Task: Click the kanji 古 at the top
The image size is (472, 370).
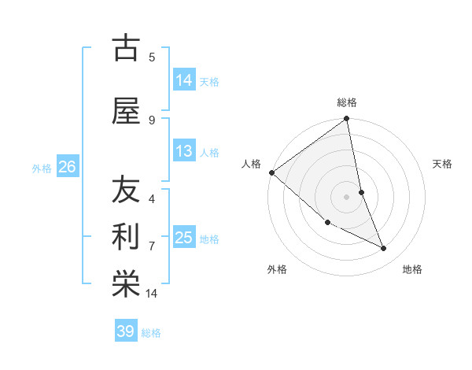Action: pyautogui.click(x=126, y=48)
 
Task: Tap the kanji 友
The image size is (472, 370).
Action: pyautogui.click(x=126, y=191)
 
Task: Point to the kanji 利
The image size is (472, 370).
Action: pyautogui.click(x=126, y=237)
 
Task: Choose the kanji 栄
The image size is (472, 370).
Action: pyautogui.click(x=126, y=283)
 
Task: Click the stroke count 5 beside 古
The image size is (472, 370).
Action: pyautogui.click(x=152, y=57)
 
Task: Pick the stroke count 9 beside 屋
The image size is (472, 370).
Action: pyautogui.click(x=152, y=120)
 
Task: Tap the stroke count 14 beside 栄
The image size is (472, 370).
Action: pyautogui.click(x=152, y=294)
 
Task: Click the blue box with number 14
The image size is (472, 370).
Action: pyautogui.click(x=184, y=80)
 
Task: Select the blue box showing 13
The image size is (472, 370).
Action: pyautogui.click(x=184, y=151)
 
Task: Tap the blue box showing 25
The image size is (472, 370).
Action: pyautogui.click(x=184, y=238)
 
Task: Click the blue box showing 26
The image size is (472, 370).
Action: pyautogui.click(x=67, y=167)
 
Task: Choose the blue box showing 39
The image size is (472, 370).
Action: pyautogui.click(x=126, y=331)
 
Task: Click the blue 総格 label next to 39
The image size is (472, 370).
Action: pyautogui.click(x=151, y=333)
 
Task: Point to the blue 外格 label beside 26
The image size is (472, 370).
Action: pyautogui.click(x=42, y=168)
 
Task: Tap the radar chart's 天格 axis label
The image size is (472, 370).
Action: pyautogui.click(x=443, y=164)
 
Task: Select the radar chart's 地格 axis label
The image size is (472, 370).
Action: pyautogui.click(x=412, y=269)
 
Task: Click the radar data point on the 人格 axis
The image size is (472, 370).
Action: pyautogui.click(x=271, y=172)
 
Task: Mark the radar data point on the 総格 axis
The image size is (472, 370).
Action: pyautogui.click(x=347, y=119)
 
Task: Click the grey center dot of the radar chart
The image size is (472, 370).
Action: pyautogui.click(x=346, y=197)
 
